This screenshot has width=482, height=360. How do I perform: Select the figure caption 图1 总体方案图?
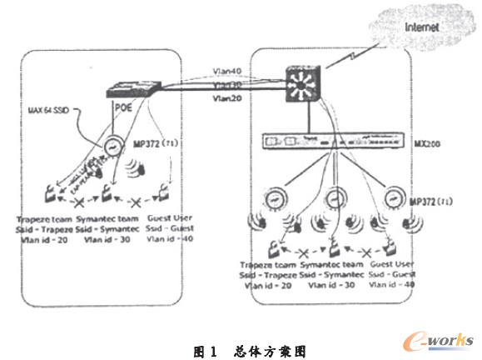click(x=241, y=346)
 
